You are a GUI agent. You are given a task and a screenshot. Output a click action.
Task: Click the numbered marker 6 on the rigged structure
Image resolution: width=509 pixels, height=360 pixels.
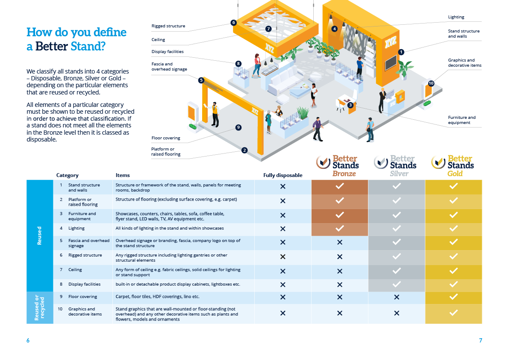tap(233, 23)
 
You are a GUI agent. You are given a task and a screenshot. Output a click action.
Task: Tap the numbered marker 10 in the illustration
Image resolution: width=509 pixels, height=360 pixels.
tap(431, 83)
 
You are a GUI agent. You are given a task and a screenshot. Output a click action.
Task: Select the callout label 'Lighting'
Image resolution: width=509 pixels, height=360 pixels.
tap(456, 17)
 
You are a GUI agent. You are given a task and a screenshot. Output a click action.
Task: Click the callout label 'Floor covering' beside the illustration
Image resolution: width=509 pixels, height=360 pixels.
tap(166, 138)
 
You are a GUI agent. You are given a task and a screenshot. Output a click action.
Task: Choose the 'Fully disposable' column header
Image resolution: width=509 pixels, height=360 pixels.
tap(282, 175)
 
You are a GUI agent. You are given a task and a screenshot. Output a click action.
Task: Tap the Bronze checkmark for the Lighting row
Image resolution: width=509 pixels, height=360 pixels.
tap(339, 229)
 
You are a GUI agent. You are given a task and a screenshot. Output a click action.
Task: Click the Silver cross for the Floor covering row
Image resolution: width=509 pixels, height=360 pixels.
tap(397, 297)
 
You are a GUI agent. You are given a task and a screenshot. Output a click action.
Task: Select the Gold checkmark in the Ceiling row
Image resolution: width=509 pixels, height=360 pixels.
tap(453, 271)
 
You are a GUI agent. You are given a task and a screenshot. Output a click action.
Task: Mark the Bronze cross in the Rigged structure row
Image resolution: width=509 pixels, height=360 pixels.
tap(339, 257)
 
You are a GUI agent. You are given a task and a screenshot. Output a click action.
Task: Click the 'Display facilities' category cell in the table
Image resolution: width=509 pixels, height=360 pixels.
tap(84, 284)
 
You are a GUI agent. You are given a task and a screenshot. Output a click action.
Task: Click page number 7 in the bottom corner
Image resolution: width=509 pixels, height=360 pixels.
tap(480, 340)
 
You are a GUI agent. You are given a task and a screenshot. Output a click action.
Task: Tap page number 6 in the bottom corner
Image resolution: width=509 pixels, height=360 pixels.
tap(28, 340)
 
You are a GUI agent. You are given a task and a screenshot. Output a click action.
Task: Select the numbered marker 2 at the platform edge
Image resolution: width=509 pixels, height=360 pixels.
tap(244, 150)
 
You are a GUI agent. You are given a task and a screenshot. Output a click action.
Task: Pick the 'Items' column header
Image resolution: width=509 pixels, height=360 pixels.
tap(123, 175)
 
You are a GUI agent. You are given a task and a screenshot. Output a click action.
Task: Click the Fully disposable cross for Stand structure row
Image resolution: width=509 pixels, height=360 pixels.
tap(282, 187)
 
